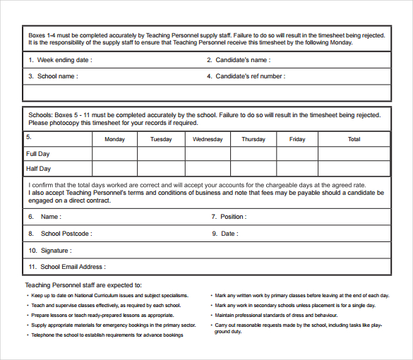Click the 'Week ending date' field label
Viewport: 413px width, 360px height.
coord(64,60)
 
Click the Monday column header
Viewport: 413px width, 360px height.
coord(114,139)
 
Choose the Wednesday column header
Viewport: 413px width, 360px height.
coord(208,139)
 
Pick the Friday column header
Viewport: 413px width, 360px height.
coord(297,139)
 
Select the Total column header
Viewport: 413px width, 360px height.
coord(354,139)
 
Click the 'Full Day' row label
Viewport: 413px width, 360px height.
coord(38,154)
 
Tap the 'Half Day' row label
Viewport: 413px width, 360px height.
coord(38,169)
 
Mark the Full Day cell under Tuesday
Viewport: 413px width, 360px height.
coord(161,154)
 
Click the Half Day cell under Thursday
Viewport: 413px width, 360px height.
coord(253,169)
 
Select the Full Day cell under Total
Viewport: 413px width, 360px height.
coord(354,154)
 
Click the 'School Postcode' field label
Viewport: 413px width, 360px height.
coord(65,234)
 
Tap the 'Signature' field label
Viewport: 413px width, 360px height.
coord(55,251)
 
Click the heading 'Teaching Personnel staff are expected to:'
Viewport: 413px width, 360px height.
coord(83,285)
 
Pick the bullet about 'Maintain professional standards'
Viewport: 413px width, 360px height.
coord(276,315)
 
